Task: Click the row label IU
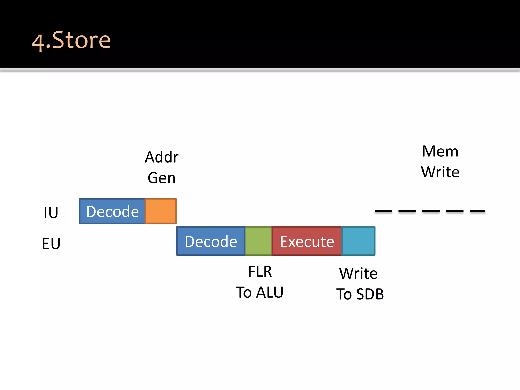pos(51,213)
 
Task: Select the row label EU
pos(51,243)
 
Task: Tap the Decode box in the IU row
pos(112,211)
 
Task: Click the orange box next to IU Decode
pos(161,211)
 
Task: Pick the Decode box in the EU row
pos(211,241)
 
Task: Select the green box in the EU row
pos(258,241)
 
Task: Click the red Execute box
pos(307,241)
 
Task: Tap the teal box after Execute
pos(358,241)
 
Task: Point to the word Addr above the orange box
pos(162,157)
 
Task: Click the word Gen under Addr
pos(162,178)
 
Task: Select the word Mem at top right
pos(440,151)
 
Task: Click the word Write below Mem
pos(440,172)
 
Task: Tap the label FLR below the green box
pos(260,271)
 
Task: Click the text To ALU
pos(260,292)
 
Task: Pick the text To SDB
pos(360,294)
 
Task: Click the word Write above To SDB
pos(358,273)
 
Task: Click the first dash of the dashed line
pos(383,211)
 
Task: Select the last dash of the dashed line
pos(478,211)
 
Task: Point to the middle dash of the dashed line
pos(431,211)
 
